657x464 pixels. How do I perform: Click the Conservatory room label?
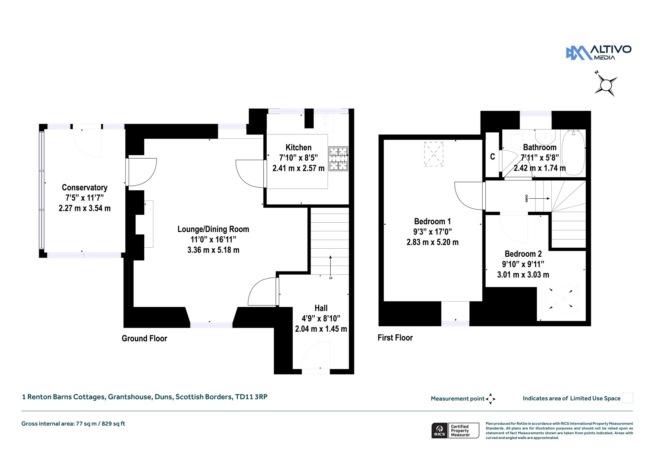(85, 187)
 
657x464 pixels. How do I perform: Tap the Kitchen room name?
(298, 147)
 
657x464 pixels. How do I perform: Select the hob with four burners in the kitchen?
(338, 159)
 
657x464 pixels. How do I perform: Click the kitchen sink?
(325, 124)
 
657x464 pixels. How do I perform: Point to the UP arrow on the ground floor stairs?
(330, 267)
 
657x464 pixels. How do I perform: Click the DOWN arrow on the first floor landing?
(539, 199)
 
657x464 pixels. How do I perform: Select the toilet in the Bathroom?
(517, 139)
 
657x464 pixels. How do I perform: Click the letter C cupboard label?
(492, 156)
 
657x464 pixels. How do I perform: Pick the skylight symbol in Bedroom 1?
(433, 154)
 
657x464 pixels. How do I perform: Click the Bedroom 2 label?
(523, 254)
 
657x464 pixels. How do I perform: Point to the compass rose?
(606, 85)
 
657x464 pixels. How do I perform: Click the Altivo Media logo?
(599, 53)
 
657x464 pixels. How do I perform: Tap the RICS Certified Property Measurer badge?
(455, 430)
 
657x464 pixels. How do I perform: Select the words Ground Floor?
(144, 338)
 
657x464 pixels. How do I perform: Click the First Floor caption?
(395, 338)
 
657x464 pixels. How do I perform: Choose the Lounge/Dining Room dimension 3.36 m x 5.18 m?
(213, 250)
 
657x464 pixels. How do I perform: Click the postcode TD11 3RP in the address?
(251, 397)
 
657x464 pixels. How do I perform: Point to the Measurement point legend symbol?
(491, 399)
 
